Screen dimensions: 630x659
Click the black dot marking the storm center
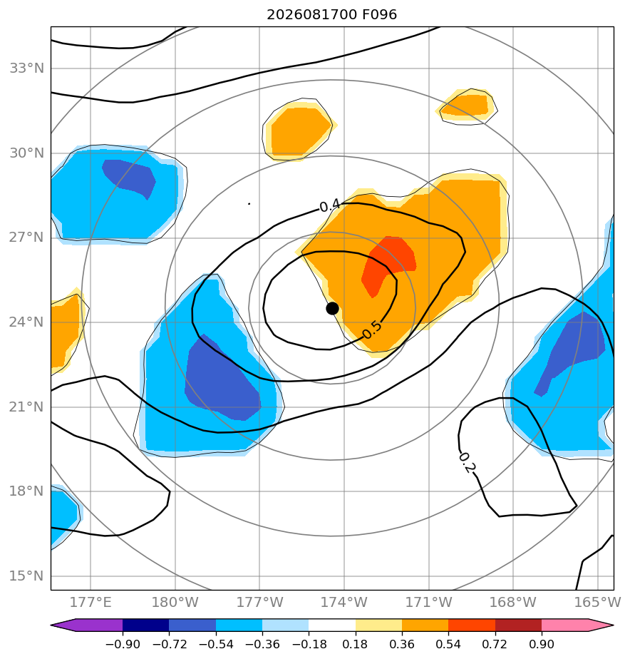tap(332, 309)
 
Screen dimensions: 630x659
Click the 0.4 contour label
tap(330, 206)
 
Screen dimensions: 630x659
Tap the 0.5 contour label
tap(372, 329)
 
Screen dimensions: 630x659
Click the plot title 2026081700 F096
tap(332, 15)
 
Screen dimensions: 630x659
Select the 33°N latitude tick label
tap(26, 68)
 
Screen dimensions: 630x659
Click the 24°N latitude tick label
tap(26, 322)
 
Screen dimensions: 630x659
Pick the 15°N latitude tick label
tap(26, 576)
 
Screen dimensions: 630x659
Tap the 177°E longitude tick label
tap(91, 602)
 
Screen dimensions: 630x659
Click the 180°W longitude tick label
tap(175, 602)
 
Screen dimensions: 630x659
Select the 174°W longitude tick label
tap(344, 602)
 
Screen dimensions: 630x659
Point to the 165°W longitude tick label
tap(597, 602)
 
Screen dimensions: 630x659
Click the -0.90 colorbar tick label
tap(123, 644)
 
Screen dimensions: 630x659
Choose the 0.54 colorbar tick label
tap(448, 644)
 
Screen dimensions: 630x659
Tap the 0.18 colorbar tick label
tap(356, 644)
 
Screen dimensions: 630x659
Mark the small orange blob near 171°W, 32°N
tap(466, 105)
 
